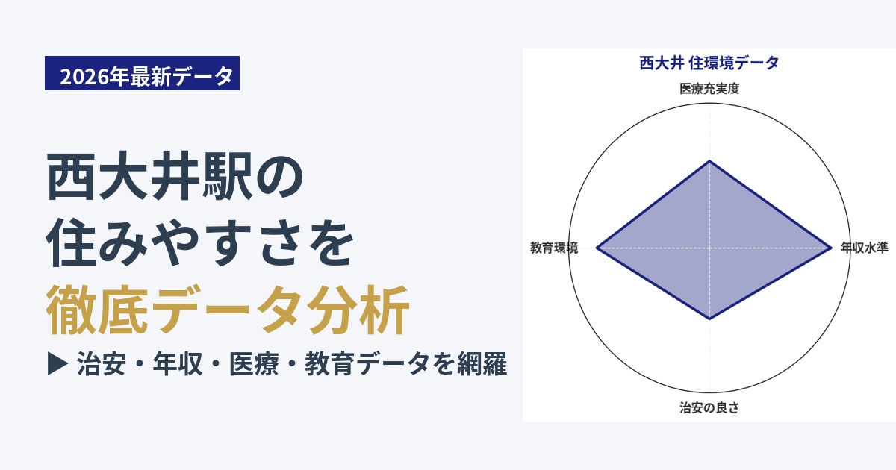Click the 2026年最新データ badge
142,73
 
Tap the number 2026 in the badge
84,76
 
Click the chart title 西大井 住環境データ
709,63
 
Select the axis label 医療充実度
709,88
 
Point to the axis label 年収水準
864,248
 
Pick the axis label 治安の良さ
709,407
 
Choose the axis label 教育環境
554,248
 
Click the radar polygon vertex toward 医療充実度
709,160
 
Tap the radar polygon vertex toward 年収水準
831,248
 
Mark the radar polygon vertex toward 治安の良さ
709,319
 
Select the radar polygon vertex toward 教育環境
597,248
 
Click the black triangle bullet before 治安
57,363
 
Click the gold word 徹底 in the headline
97,310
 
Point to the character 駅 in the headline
228,175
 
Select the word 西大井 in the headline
124,175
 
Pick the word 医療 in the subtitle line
254,364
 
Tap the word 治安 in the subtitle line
102,364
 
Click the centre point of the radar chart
709,248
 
